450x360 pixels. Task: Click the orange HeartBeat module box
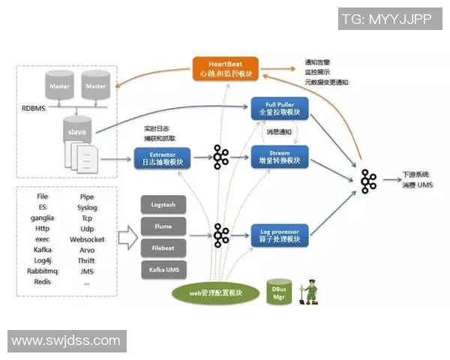click(226, 67)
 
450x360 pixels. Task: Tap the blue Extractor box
click(162, 157)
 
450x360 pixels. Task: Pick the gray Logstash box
click(163, 204)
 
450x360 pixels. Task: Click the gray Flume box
click(163, 226)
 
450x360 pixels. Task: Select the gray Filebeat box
click(163, 247)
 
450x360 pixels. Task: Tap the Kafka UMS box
click(163, 268)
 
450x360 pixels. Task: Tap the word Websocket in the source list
click(87, 239)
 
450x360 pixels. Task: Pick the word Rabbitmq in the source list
click(43, 271)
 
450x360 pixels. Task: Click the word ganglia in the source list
click(42, 217)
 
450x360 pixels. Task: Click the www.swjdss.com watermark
click(66, 341)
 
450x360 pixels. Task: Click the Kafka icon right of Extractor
click(221, 157)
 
